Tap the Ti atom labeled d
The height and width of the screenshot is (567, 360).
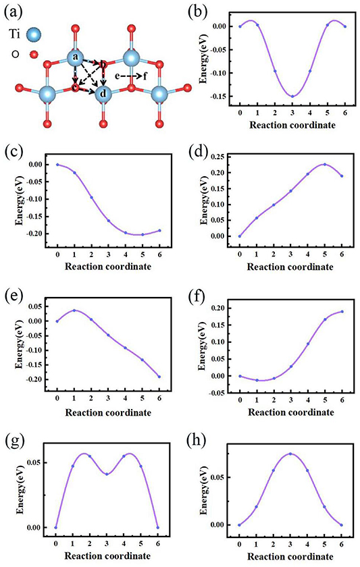point(103,92)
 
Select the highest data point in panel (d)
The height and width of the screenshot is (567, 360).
point(324,164)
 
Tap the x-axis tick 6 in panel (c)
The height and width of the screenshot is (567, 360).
point(161,254)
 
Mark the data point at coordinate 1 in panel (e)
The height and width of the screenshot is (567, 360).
point(74,310)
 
